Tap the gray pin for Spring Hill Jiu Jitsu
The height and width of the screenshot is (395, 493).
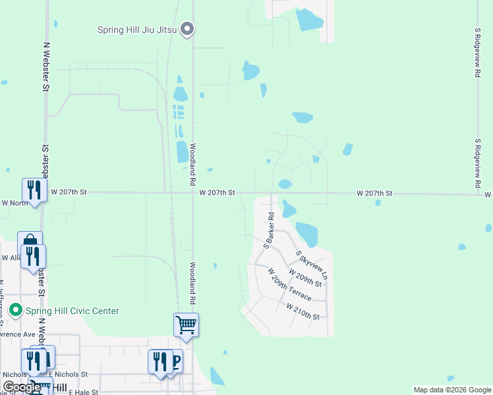(188, 29)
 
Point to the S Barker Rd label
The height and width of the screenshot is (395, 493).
(269, 230)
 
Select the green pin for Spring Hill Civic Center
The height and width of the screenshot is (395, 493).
(15, 309)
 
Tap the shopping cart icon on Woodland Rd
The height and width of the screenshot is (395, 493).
(186, 325)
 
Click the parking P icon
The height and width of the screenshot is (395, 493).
(176, 361)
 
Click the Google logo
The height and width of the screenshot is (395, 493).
(21, 387)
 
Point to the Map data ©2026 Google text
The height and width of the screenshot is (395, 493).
(451, 390)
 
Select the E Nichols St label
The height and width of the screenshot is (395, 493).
(69, 374)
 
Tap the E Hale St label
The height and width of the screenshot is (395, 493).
(82, 392)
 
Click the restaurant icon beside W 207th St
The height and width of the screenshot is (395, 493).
(33, 190)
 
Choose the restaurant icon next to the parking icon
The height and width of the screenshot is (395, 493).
(159, 361)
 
